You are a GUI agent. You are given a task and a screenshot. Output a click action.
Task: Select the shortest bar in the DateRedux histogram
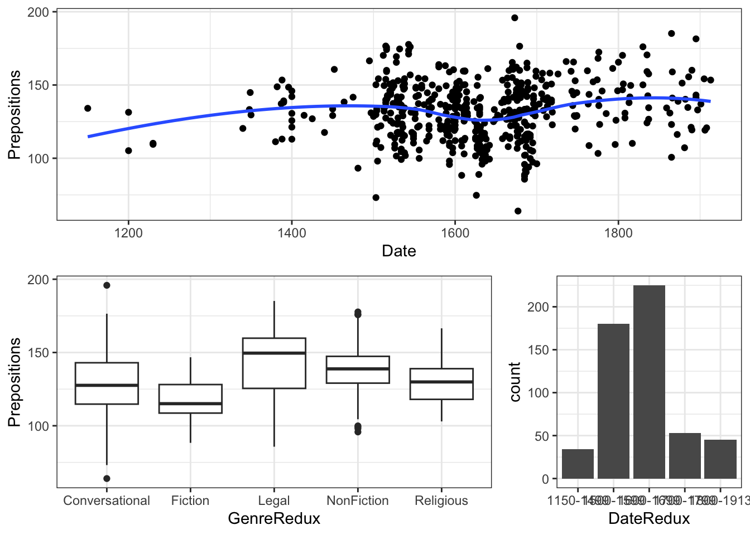[578, 464]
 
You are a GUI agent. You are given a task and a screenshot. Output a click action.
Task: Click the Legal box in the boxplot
[274, 363]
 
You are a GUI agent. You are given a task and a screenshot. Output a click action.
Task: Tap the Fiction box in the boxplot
[190, 398]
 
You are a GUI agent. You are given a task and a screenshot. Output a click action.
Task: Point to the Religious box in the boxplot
[441, 384]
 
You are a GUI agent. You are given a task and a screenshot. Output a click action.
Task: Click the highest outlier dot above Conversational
[107, 285]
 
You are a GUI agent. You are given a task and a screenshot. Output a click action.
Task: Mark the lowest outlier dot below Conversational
[107, 478]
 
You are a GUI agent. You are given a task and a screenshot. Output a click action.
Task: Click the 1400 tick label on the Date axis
[292, 234]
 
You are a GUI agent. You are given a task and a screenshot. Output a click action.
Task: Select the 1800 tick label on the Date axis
[618, 234]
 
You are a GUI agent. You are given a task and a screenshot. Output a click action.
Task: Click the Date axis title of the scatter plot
[398, 251]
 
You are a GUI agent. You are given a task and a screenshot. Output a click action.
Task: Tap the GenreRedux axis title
[274, 519]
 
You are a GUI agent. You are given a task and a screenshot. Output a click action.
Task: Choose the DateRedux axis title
[649, 519]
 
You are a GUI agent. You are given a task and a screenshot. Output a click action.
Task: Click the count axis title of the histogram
[515, 382]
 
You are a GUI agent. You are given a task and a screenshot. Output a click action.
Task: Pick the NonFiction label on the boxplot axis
[358, 500]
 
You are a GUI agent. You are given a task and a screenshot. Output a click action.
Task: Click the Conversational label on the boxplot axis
[107, 500]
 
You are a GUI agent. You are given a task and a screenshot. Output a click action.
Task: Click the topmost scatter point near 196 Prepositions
[515, 18]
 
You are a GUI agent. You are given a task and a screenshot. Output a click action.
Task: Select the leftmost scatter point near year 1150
[88, 108]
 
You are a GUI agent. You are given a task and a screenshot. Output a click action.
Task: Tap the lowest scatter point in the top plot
[518, 211]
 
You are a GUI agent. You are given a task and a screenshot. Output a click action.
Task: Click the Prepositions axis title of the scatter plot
[15, 115]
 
